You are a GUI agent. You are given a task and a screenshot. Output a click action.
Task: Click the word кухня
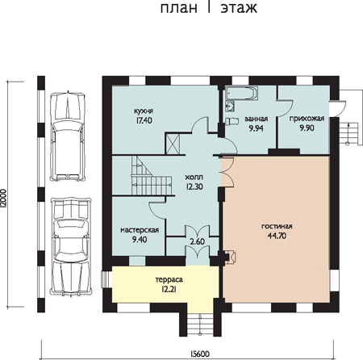pos(144,111)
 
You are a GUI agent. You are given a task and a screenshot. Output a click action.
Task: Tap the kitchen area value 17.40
pos(144,120)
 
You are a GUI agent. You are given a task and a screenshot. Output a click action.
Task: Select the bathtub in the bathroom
pos(242,94)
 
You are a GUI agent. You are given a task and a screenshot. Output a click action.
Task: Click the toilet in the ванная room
pos(232,121)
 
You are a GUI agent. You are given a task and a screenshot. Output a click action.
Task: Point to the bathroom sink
pos(230,107)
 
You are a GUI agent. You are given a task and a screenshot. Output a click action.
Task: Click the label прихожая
pos(307,119)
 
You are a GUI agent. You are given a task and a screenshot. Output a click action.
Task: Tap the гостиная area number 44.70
pos(277,236)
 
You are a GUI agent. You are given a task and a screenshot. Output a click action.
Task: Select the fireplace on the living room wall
pos(230,257)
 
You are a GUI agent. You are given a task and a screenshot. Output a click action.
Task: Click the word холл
pos(194,178)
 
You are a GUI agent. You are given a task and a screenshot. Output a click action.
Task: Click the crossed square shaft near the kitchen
pos(173,144)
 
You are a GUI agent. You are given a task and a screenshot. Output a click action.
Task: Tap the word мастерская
pos(140,230)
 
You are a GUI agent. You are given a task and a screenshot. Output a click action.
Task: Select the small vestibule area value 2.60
pos(198,241)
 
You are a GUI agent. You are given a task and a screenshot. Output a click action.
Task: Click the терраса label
pos(169,280)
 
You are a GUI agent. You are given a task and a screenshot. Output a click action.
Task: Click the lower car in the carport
pos(71,247)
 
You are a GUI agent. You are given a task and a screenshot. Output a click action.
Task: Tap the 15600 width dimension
pos(199,354)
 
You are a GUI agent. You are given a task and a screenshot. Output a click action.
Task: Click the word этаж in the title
pos(239,8)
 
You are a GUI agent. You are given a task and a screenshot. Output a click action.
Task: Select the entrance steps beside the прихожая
pos(348,133)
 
